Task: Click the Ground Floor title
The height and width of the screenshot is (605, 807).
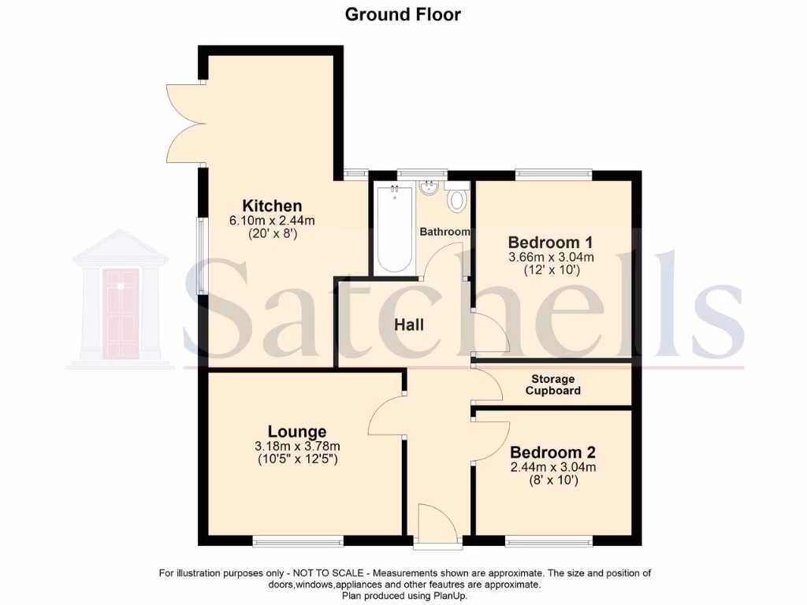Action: pos(403,14)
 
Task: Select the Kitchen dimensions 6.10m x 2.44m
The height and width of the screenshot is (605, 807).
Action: pos(272,220)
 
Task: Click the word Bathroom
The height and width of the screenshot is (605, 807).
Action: pos(444,232)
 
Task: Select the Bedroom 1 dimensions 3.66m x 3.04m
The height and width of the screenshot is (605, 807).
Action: pos(552,257)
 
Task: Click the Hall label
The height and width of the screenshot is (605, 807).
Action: pos(409,325)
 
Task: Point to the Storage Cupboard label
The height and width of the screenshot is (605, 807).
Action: pos(553,385)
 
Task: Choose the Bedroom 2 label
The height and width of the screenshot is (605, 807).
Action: pos(552,453)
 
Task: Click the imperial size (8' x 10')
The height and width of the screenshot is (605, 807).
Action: pos(552,480)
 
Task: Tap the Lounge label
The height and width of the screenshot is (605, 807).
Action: pos(297,432)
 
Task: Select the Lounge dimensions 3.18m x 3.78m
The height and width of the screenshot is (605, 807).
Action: pos(297,446)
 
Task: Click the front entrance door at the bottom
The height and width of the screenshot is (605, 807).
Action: pos(437,523)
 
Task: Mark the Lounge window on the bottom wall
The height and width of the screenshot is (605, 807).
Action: pos(298,541)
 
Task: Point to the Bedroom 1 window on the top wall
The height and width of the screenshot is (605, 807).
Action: pos(553,173)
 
